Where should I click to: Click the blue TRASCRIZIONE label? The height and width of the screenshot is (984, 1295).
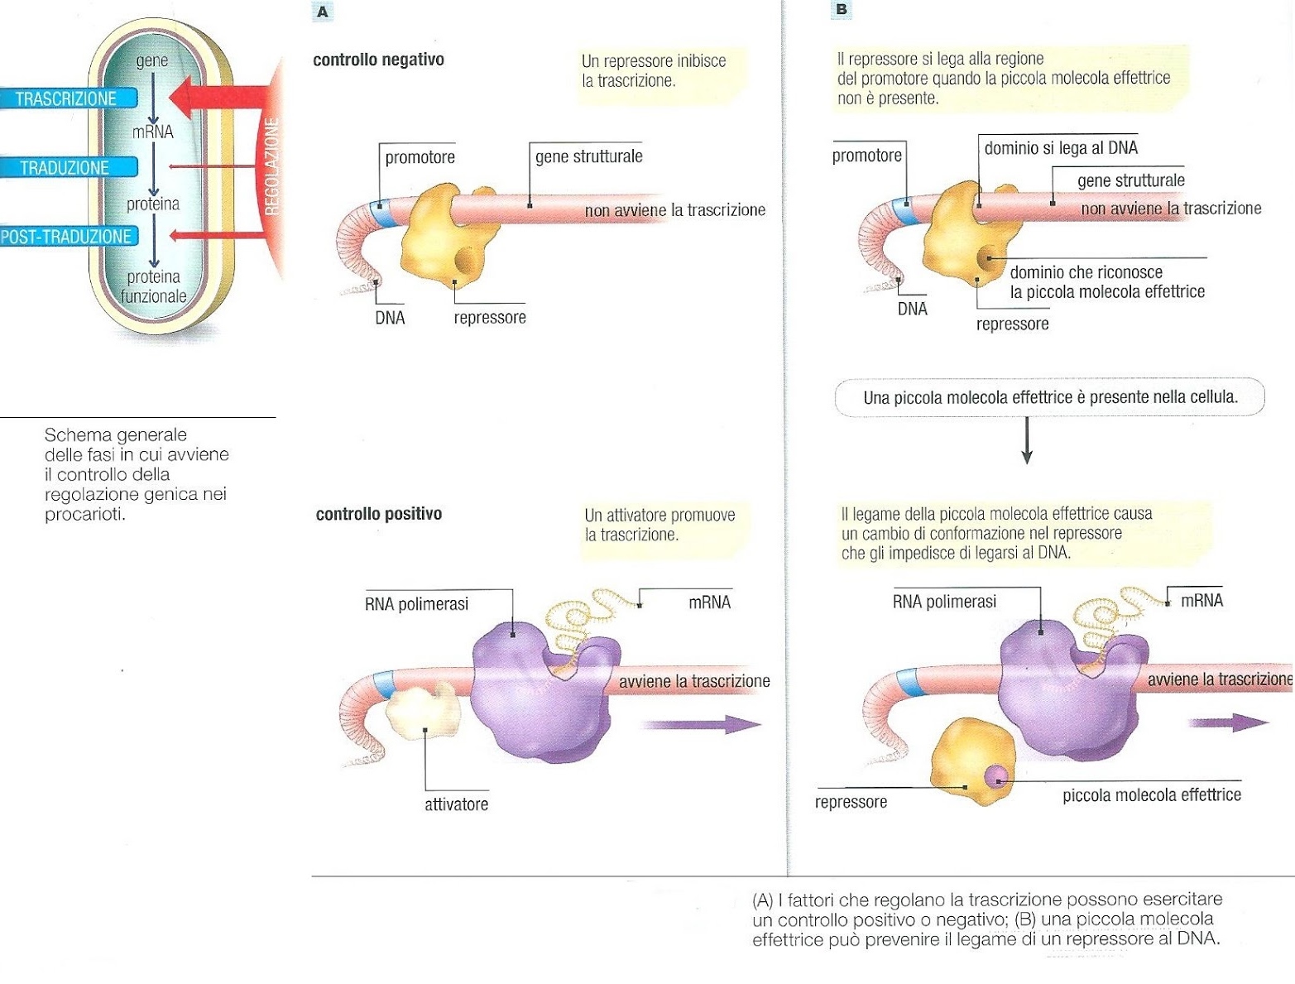coord(66,98)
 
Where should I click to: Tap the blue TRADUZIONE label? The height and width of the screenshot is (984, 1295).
coord(65,168)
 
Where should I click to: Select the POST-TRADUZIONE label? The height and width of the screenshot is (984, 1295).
coord(66,237)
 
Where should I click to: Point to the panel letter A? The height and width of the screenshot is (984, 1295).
coord(323,12)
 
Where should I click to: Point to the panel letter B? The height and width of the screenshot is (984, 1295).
coord(842,9)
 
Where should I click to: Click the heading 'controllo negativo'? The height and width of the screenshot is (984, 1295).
coord(378,60)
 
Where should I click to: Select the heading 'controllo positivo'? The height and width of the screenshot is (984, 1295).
coord(379,514)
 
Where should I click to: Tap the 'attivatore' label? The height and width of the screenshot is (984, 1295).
coord(456,804)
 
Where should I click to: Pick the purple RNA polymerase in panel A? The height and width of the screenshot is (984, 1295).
coord(538,695)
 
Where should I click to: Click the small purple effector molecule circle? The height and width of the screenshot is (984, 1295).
coord(997,776)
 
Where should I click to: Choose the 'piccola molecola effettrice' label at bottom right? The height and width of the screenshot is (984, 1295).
coord(1152,795)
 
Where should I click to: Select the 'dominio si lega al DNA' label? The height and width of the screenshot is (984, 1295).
coord(1061,148)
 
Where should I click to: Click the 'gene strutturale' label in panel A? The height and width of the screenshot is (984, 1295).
coord(588,156)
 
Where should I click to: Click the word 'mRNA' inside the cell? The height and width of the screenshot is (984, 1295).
coord(153,132)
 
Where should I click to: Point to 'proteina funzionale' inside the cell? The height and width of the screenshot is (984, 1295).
coord(153,286)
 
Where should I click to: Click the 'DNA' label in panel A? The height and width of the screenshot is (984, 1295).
coord(390,318)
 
